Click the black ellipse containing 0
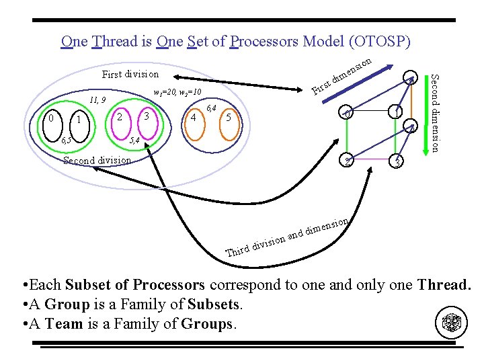coord(51,118)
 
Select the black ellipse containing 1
coord(79,120)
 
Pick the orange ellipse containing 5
coord(229,118)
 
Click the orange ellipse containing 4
coord(194,118)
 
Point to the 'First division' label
coord(130,74)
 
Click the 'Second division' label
coord(96,160)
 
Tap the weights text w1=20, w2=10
coord(177,91)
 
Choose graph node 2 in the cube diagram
coord(346,160)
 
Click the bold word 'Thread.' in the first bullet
coord(444,284)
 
